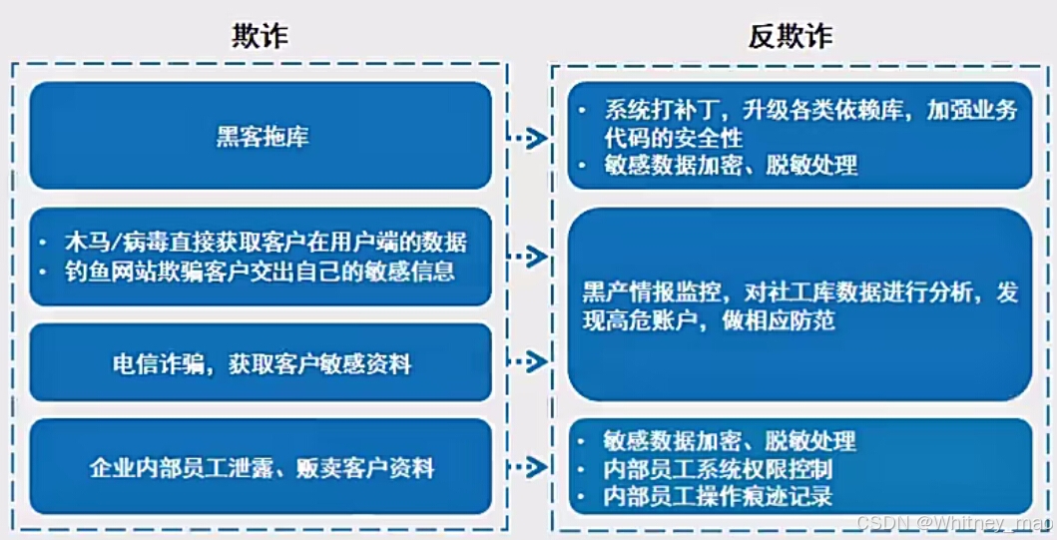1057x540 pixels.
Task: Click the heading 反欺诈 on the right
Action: pyautogui.click(x=791, y=37)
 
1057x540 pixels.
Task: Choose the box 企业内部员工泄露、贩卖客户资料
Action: pyautogui.click(x=262, y=467)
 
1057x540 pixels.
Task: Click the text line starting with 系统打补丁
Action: pyautogui.click(x=808, y=111)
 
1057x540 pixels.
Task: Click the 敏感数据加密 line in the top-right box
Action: pyautogui.click(x=730, y=165)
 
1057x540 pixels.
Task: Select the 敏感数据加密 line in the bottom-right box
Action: pyautogui.click(x=730, y=441)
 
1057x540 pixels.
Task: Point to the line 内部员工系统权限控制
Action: pyautogui.click(x=718, y=468)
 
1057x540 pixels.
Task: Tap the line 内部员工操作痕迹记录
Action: pyautogui.click(x=718, y=495)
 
